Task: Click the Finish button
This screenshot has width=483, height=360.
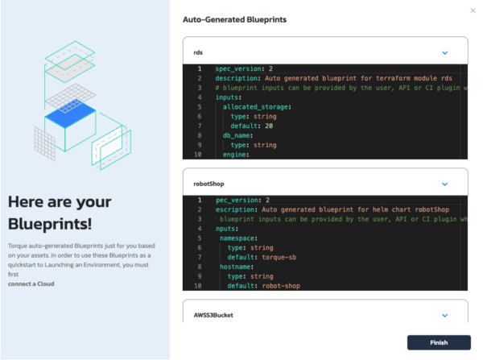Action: point(439,342)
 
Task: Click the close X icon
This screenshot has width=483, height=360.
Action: point(473,10)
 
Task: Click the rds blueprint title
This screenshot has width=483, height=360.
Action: point(198,52)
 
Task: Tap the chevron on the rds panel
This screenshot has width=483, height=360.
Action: point(445,52)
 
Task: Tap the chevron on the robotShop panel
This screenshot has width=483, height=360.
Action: point(445,184)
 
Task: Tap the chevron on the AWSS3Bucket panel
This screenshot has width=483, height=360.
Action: point(445,316)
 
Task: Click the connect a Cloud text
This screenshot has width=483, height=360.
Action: point(31,283)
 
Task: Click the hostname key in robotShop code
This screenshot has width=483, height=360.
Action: point(237,266)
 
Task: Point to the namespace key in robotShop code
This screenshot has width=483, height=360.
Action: point(238,238)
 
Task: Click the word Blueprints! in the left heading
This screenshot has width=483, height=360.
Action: point(50,223)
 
